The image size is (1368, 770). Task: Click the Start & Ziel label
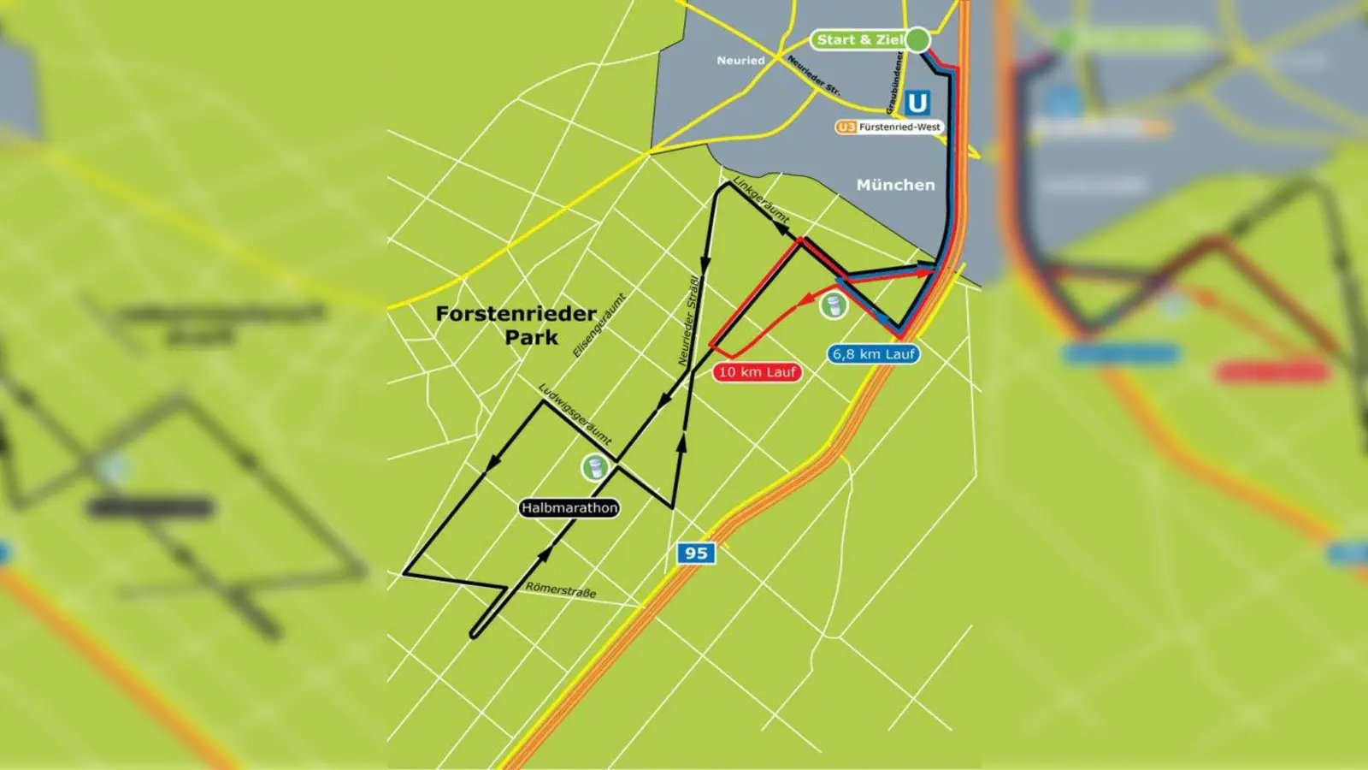coord(858,39)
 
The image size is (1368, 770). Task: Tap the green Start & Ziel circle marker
coord(917,39)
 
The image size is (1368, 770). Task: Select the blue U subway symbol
coord(917,104)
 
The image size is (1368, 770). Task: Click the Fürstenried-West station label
coord(899,127)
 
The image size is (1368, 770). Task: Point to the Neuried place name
coord(740,61)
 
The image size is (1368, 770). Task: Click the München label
coord(895,185)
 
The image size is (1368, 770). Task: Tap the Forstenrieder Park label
coord(516,325)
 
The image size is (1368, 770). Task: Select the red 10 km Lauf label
coord(757,372)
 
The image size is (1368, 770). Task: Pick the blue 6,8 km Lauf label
coord(874,353)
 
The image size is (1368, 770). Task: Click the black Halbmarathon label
coord(569,507)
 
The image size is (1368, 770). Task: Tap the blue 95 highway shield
coord(696,553)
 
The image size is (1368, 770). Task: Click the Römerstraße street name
coord(561,589)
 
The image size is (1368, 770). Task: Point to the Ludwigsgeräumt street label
coord(575,413)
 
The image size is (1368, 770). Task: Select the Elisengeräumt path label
coord(599,325)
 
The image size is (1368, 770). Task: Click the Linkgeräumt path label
coord(761,200)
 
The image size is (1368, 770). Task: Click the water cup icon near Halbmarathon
coord(594,467)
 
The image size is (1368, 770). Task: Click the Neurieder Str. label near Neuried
coord(813,75)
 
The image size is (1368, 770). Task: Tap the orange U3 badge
coord(846,127)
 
